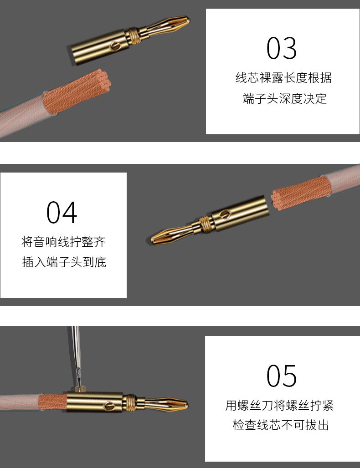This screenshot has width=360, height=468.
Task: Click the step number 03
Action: point(282,48)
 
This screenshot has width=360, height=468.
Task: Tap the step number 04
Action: point(62,212)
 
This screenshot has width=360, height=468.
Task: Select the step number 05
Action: point(282,376)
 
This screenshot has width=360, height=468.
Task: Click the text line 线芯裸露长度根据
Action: point(283,77)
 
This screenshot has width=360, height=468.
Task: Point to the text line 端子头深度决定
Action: point(285,98)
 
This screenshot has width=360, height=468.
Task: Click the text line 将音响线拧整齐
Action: point(63,242)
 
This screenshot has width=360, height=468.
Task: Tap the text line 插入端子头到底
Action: point(64,262)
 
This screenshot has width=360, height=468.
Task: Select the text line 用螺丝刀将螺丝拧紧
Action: point(279,405)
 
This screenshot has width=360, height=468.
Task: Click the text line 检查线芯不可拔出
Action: point(281,425)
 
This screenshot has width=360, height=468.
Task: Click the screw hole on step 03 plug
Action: point(115,46)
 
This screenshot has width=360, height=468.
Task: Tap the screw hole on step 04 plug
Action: point(225,214)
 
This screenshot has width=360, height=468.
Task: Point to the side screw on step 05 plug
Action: point(109,406)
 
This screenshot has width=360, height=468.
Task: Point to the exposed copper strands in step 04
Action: point(301,193)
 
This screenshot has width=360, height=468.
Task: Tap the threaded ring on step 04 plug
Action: point(205,224)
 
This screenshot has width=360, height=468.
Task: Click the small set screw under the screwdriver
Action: point(80,389)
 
